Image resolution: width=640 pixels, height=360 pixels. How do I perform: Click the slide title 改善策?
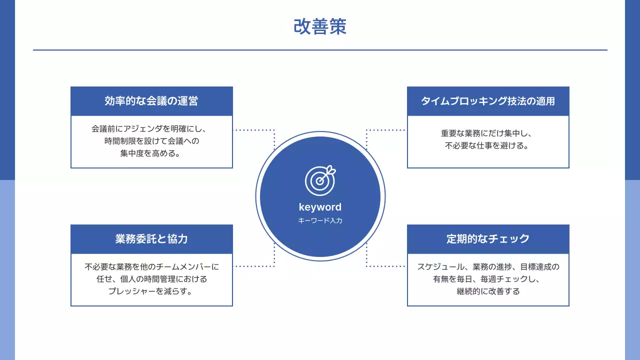pos(320,27)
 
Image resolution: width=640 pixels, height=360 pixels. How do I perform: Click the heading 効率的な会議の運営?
pos(151,101)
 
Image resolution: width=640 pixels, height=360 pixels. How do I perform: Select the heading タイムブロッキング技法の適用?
pos(488,101)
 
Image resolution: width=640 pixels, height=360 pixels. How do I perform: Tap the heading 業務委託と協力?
pos(151,239)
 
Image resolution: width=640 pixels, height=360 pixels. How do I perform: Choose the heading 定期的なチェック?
pos(488,239)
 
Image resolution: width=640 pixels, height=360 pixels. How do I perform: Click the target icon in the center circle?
pos(320,180)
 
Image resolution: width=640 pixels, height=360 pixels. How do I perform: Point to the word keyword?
pos(320,207)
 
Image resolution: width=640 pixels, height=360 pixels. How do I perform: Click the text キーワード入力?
pos(320,220)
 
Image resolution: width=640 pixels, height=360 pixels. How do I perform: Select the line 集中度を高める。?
pos(151,154)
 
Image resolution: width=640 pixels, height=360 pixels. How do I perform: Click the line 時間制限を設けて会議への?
pos(151,141)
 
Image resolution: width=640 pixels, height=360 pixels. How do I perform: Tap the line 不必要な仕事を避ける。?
pos(488,146)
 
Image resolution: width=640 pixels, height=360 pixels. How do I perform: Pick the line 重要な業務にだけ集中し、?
pos(488,133)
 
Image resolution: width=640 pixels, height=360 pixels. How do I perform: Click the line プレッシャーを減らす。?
pos(151,291)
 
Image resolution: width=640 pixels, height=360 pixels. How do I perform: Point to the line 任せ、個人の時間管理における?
pos(151,279)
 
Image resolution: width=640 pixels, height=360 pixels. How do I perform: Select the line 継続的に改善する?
pos(488,291)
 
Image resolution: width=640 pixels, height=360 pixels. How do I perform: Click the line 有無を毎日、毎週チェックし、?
pos(488,279)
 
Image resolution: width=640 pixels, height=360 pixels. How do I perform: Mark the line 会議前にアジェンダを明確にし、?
pos(151,129)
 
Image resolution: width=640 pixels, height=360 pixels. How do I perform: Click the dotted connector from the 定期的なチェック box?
pos(385,266)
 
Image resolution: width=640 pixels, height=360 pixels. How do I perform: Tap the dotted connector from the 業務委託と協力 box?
pos(255,266)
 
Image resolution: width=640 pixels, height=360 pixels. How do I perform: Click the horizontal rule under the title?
pos(320,50)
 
